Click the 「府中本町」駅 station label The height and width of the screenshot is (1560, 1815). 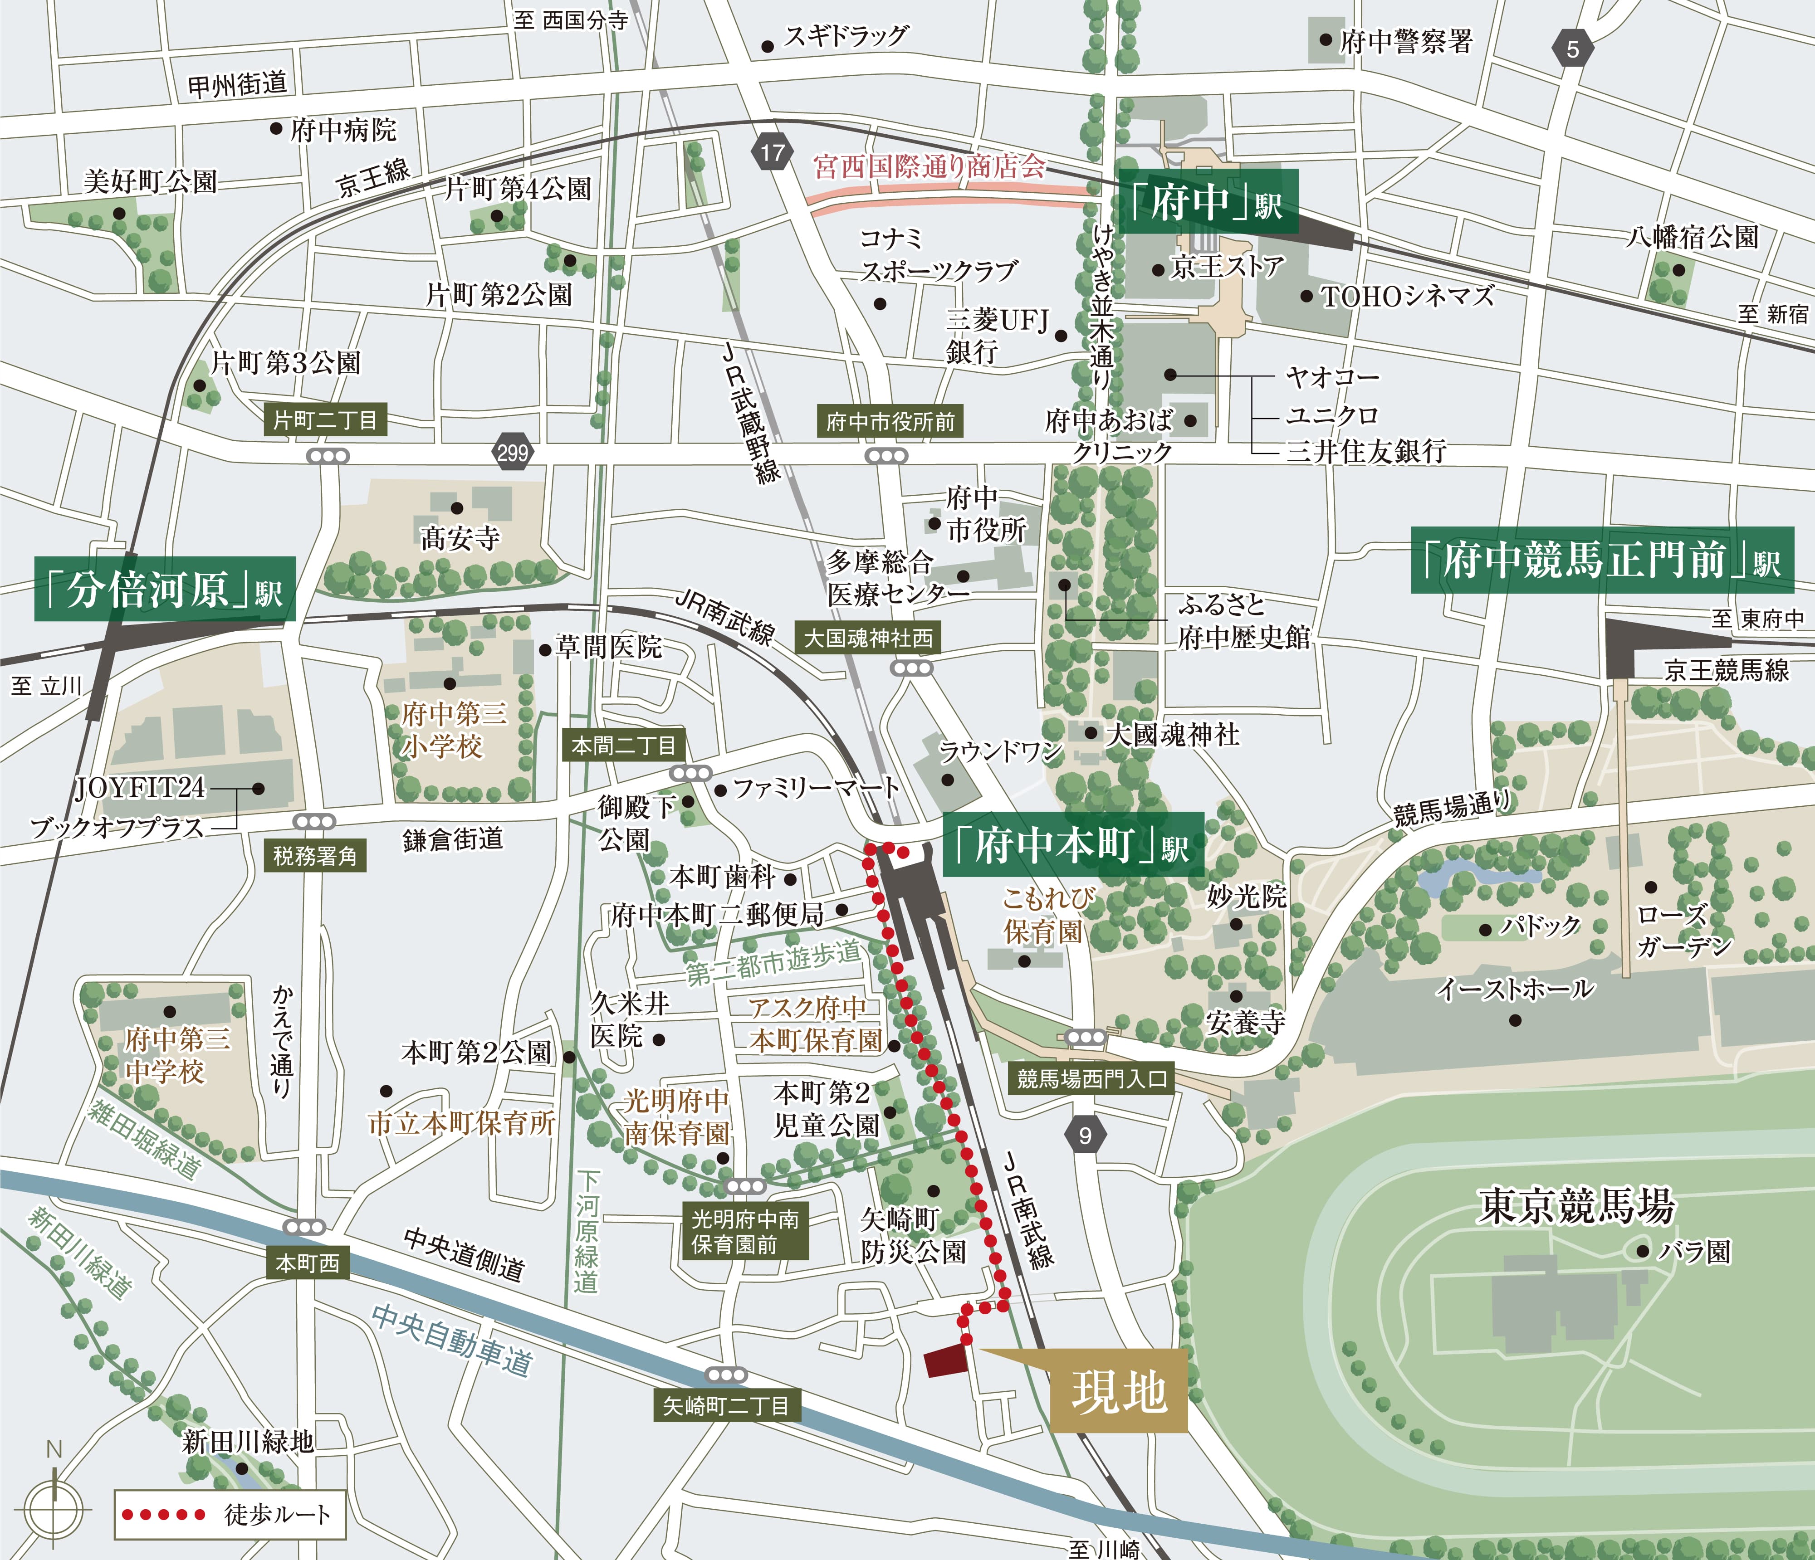click(1072, 845)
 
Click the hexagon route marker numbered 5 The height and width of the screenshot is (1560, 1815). click(1572, 49)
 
